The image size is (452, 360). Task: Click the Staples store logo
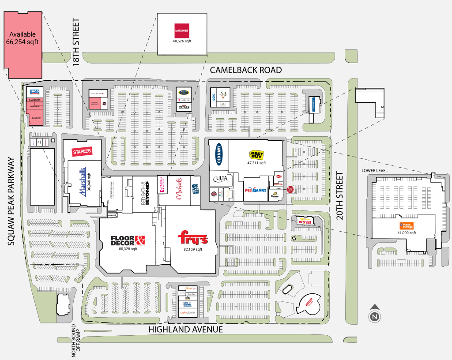(82, 151)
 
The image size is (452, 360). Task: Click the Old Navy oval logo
(219, 154)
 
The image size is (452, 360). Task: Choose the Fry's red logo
(192, 239)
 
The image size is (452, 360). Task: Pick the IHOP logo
(35, 92)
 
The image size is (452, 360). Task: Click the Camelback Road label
(245, 70)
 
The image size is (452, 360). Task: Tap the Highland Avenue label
(185, 329)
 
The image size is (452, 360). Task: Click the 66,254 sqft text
(23, 42)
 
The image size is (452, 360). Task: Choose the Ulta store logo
(220, 178)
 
